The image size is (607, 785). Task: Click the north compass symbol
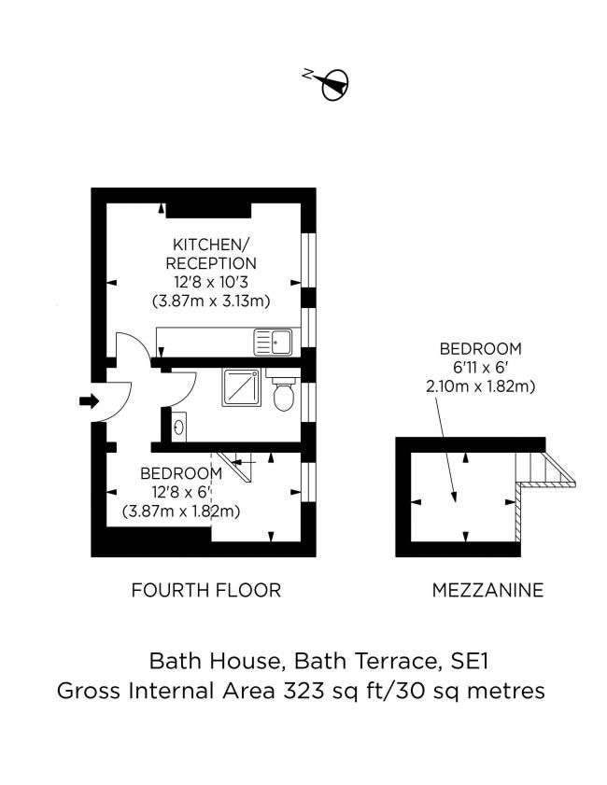click(x=333, y=84)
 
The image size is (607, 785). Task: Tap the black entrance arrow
click(x=90, y=401)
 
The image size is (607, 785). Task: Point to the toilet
click(x=285, y=394)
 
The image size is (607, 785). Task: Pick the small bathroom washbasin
click(x=178, y=427)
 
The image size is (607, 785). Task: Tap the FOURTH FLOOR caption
click(x=205, y=590)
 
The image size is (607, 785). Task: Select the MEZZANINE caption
click(x=487, y=590)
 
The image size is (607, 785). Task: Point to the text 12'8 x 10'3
click(x=211, y=282)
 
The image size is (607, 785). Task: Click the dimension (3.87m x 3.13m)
click(x=211, y=301)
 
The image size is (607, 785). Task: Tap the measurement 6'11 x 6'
click(x=481, y=367)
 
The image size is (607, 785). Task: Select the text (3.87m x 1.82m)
click(x=182, y=511)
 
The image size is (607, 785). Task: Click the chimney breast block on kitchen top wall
click(x=207, y=206)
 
